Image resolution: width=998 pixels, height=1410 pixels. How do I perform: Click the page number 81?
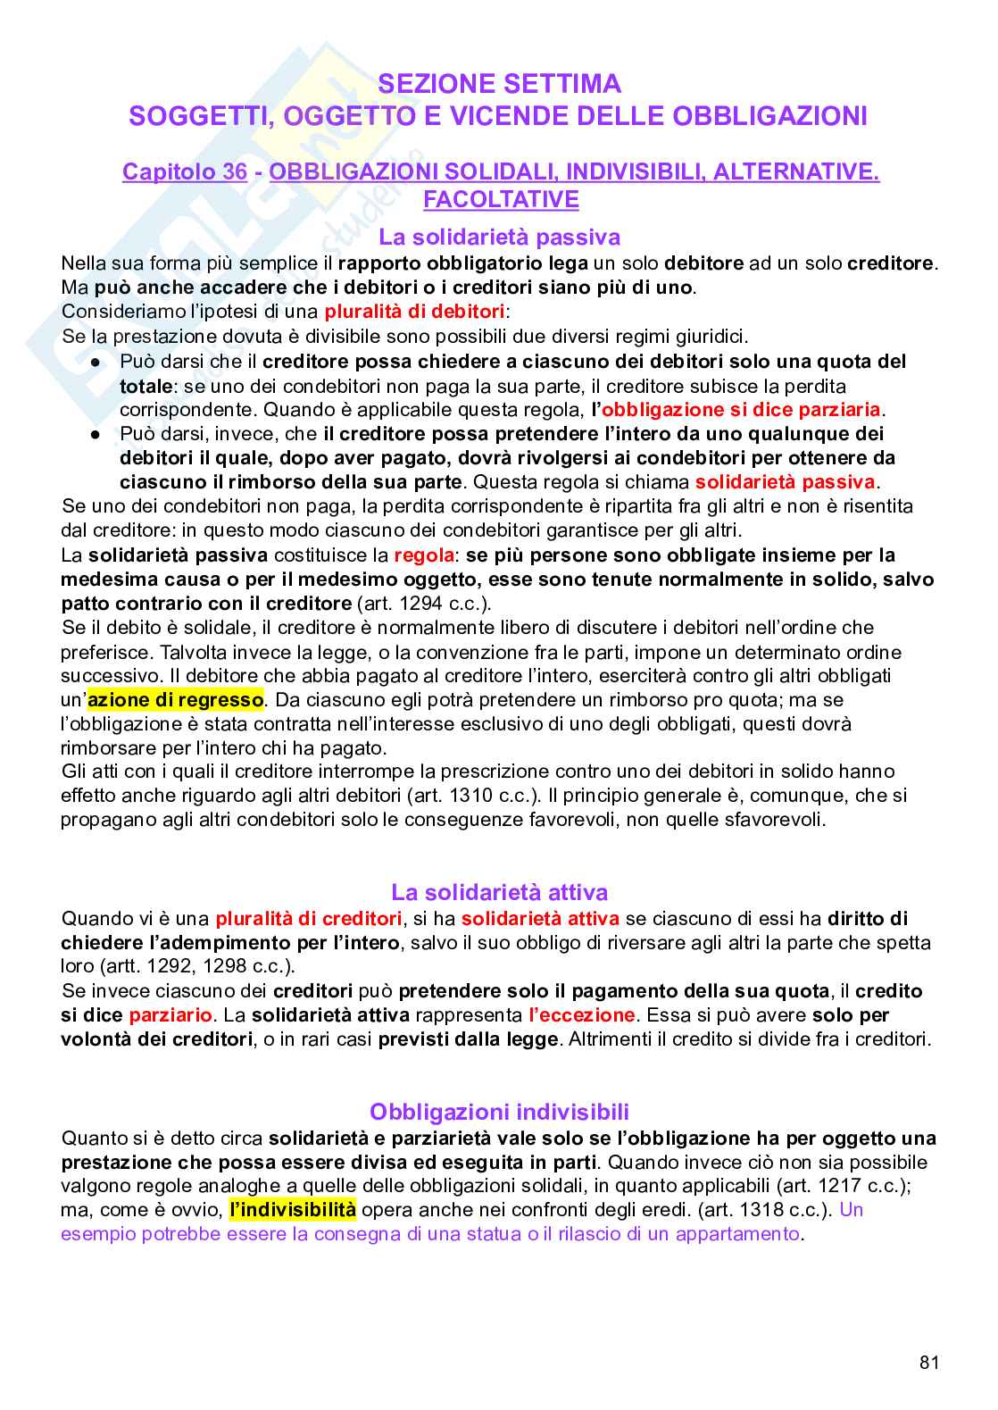point(928,1362)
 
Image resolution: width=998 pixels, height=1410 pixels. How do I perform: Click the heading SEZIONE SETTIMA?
point(499,84)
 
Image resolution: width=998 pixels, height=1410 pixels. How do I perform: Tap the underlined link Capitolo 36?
point(184,171)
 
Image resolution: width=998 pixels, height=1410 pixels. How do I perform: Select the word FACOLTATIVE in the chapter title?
point(501,199)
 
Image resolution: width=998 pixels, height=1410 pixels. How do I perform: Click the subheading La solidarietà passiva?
point(499,237)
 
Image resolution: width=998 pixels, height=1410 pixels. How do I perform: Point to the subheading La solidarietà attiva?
point(499,892)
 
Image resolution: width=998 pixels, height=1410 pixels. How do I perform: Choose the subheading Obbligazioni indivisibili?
point(499,1112)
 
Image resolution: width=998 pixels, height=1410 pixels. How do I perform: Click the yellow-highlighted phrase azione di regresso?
point(176,699)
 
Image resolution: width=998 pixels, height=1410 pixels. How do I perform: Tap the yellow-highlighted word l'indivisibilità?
point(293,1210)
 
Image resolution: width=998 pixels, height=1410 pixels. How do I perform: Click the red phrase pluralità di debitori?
point(414,312)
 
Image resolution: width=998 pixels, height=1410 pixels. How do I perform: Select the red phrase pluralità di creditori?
point(309,918)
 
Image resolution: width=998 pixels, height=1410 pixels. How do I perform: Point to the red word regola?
point(424,555)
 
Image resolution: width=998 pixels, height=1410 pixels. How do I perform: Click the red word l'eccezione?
point(582,1015)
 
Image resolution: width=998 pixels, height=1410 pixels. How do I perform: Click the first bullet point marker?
point(96,362)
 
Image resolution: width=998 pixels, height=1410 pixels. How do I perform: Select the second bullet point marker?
point(96,434)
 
